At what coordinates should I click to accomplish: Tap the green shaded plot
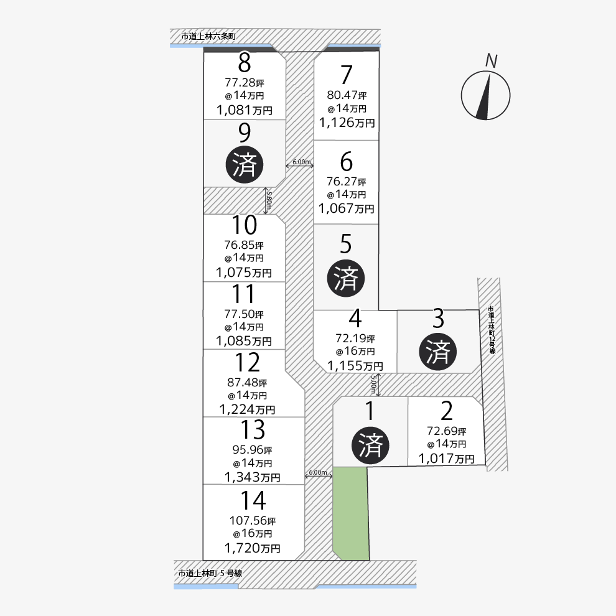(350, 514)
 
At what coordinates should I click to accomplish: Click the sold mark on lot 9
(244, 164)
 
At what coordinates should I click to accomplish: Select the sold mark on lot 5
(346, 278)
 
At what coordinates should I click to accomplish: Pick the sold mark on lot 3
(439, 352)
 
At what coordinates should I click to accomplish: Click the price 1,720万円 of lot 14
(252, 549)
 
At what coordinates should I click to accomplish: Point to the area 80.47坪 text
(347, 95)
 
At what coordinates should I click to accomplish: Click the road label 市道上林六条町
(208, 37)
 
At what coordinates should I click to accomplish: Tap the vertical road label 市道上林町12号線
(491, 330)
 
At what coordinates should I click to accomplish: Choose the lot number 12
(248, 362)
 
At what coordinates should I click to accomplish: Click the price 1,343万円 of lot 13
(252, 477)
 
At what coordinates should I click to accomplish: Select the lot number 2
(446, 411)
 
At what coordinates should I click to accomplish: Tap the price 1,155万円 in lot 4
(355, 366)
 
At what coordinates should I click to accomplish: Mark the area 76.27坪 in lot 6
(346, 182)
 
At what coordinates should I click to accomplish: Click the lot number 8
(244, 63)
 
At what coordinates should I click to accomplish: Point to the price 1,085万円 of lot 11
(244, 341)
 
